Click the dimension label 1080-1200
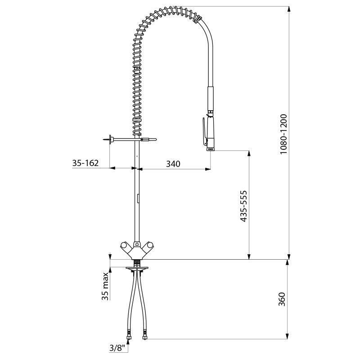click(x=283, y=134)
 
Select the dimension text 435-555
click(x=243, y=205)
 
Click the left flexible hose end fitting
click(x=129, y=335)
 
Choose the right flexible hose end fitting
click(x=145, y=335)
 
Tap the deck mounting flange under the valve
click(x=136, y=269)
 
